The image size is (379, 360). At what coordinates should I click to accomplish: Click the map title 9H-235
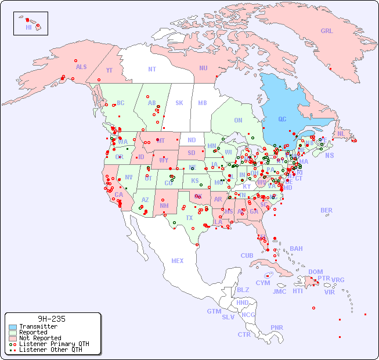(x=51, y=319)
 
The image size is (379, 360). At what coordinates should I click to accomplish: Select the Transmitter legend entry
(x=38, y=327)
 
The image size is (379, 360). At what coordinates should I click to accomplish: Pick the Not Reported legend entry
(x=39, y=338)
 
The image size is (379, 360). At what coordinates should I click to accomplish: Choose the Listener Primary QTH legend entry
(x=53, y=344)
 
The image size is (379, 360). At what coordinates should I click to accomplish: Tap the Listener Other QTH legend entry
(x=50, y=350)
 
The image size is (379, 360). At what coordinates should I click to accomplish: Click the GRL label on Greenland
(x=327, y=31)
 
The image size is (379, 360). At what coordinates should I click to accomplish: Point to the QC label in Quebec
(x=282, y=119)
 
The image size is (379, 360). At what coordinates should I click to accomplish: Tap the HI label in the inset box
(x=28, y=27)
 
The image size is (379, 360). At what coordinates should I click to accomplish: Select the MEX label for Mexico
(x=178, y=261)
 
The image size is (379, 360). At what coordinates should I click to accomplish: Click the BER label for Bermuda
(x=327, y=210)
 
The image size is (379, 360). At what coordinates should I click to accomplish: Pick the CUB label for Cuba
(x=247, y=255)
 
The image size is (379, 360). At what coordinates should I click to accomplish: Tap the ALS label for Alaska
(x=81, y=67)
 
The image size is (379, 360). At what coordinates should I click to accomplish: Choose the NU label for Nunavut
(x=203, y=68)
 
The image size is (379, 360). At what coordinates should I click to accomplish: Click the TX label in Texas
(x=189, y=218)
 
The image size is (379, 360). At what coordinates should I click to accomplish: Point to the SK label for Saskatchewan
(x=179, y=103)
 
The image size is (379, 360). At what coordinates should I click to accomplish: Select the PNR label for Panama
(x=277, y=327)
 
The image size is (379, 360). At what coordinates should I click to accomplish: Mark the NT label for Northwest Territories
(x=151, y=69)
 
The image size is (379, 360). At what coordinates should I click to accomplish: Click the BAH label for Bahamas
(x=296, y=249)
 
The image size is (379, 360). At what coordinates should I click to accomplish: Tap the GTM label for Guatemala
(x=214, y=311)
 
